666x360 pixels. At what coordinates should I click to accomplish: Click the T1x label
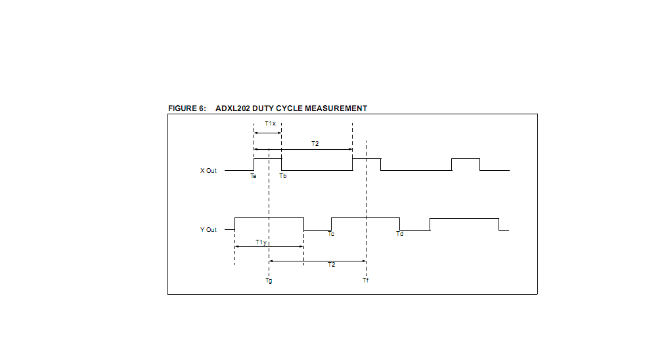270,124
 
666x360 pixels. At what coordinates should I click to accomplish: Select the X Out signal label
208,171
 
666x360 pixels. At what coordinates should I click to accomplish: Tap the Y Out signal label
208,230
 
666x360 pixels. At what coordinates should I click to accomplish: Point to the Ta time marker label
254,176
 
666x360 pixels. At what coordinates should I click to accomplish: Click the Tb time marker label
282,176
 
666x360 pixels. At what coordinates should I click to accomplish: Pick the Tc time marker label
331,235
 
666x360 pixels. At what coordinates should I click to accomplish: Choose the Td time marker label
399,235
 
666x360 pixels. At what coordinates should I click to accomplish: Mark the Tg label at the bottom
269,281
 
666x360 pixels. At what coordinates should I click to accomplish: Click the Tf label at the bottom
365,281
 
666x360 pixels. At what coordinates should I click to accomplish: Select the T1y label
261,242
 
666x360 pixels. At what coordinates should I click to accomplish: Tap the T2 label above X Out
315,143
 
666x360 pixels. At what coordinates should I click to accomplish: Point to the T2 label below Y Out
332,264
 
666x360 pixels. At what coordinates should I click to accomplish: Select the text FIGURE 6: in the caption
187,108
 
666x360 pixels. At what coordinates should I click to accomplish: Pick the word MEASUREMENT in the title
336,108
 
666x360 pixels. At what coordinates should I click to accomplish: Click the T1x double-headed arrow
267,133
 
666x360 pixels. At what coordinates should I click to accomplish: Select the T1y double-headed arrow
269,247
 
